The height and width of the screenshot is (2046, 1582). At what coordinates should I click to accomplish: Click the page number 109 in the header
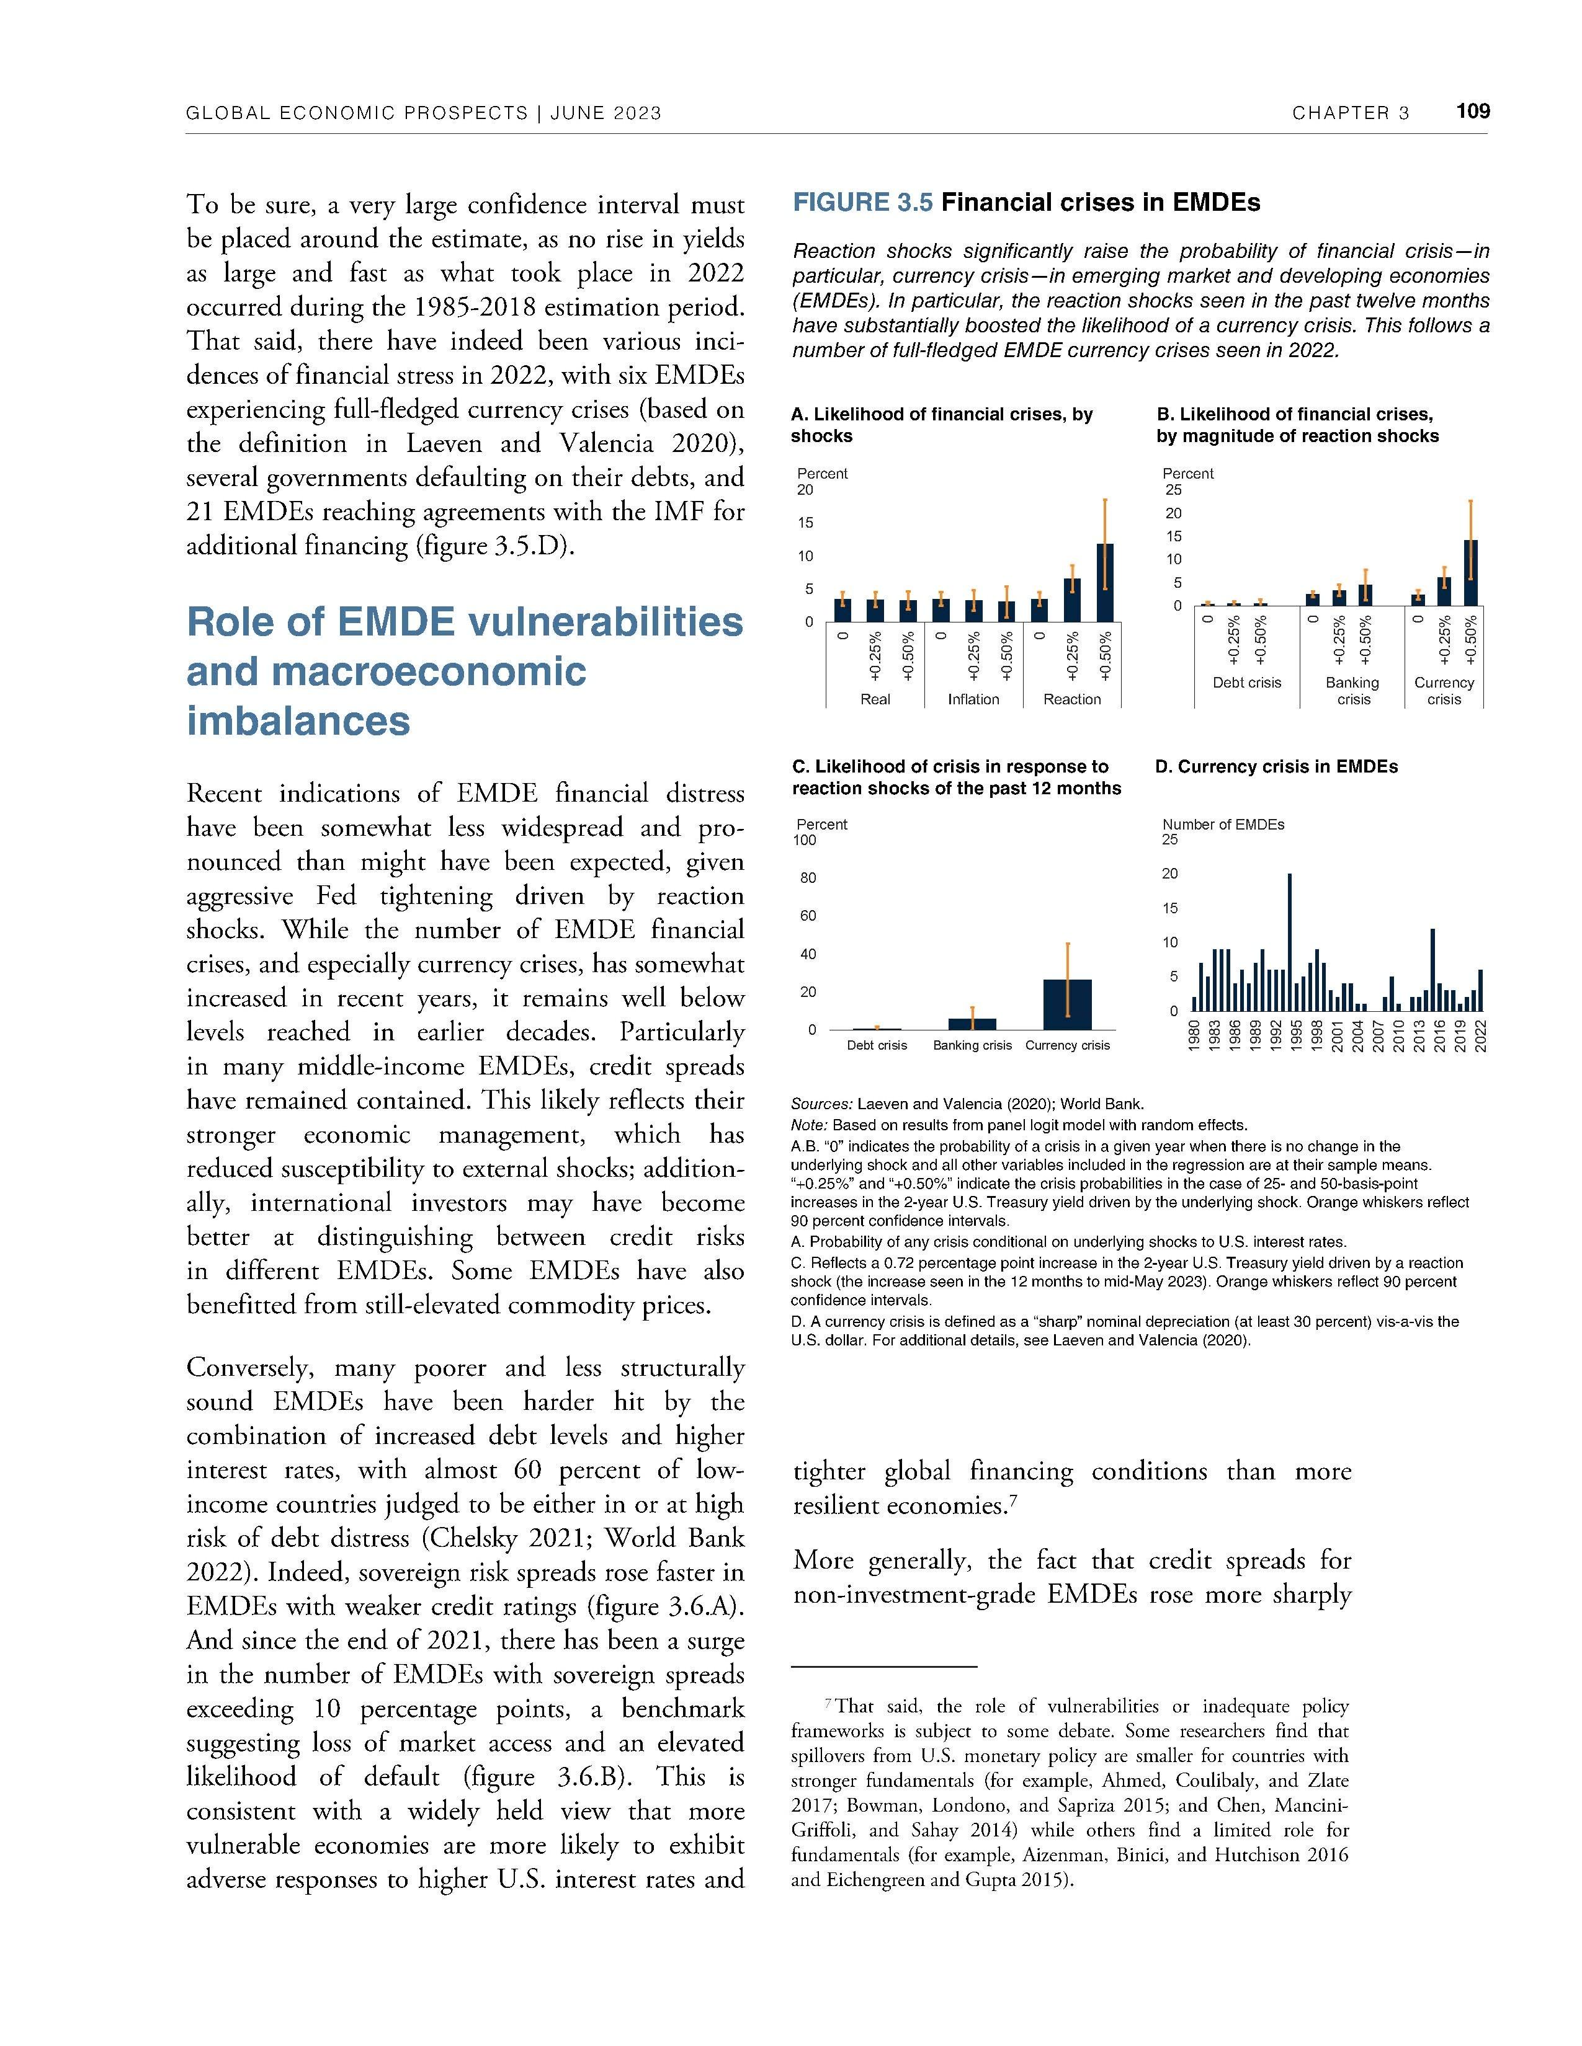point(1472,112)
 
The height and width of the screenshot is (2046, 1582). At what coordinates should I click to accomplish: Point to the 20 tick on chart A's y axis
point(805,490)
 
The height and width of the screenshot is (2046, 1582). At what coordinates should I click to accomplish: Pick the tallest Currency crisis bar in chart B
point(1470,572)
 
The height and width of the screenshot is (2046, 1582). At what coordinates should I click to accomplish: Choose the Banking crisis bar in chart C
point(972,1024)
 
